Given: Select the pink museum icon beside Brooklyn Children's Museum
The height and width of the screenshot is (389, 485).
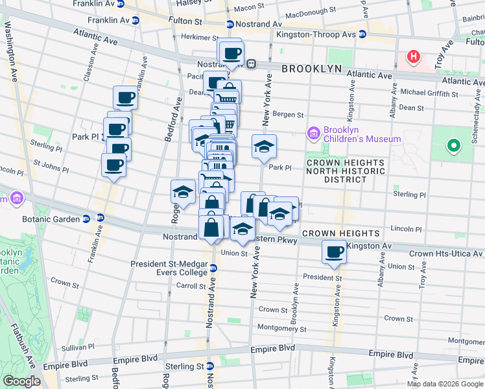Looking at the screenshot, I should [314, 134].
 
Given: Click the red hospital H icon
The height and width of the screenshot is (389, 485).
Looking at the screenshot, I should [413, 57].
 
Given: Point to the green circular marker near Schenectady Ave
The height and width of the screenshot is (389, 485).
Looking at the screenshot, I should [455, 145].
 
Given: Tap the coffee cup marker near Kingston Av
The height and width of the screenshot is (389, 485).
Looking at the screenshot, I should [335, 252].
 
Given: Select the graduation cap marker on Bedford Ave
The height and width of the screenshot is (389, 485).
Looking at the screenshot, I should [183, 192].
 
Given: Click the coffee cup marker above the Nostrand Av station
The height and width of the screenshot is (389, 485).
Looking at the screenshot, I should [231, 53].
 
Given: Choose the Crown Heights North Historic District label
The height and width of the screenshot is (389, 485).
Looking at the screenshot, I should [346, 171].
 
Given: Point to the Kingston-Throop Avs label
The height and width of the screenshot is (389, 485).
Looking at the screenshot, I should [311, 34].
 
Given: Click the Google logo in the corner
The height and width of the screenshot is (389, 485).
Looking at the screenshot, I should [22, 381].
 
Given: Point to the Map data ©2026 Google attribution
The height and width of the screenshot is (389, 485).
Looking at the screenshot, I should [445, 384].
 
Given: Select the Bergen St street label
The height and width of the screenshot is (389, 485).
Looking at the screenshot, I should [290, 115].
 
